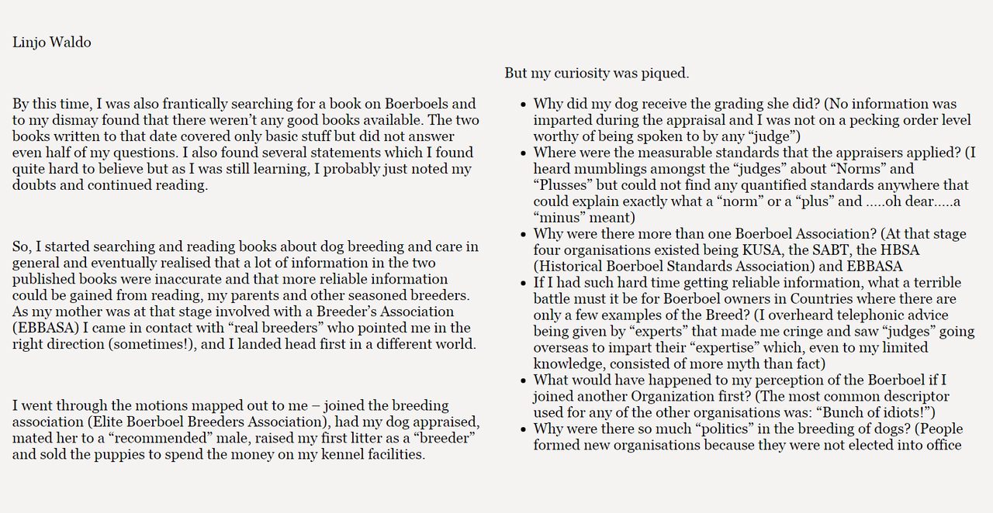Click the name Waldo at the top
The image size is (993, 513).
pyautogui.click(x=71, y=43)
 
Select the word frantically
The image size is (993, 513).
pyautogui.click(x=183, y=104)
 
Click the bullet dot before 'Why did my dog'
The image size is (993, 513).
pyautogui.click(x=524, y=105)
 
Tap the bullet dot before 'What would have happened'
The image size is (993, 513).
pyautogui.click(x=524, y=380)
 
